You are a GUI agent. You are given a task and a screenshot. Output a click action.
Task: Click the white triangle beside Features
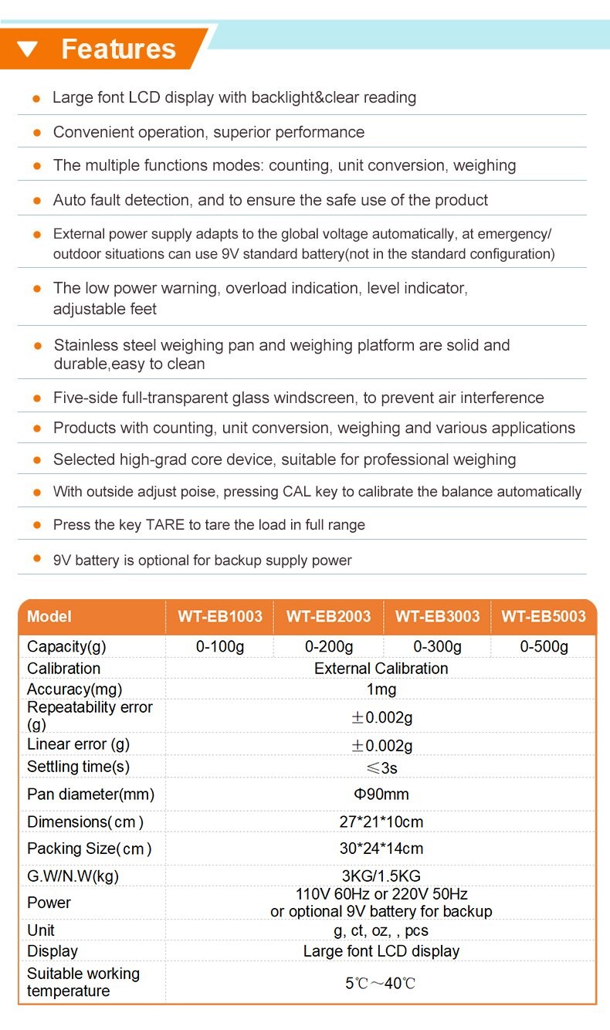[x=28, y=49]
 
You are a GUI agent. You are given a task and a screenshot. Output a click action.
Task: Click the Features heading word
[x=118, y=49]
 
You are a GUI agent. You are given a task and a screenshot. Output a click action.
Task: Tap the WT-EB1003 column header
[x=220, y=616]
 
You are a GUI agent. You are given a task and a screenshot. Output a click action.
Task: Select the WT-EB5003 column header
[x=544, y=616]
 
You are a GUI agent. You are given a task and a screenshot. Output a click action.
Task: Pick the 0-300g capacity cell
[x=437, y=646]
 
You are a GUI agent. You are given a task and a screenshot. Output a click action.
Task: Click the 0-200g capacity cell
[x=329, y=646]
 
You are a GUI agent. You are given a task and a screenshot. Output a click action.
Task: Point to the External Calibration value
[x=381, y=668]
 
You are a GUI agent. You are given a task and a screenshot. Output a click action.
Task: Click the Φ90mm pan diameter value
[x=381, y=794]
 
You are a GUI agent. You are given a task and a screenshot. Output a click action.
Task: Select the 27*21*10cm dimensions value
[x=381, y=822]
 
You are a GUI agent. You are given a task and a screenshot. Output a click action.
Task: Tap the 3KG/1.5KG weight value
[x=381, y=876]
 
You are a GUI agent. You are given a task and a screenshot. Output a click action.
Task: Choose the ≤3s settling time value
[x=381, y=767]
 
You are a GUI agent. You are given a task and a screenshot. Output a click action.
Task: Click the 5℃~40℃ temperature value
[x=381, y=983]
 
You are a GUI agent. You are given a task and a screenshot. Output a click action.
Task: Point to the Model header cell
[x=49, y=616]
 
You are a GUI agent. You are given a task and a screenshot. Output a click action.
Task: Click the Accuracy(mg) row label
[x=74, y=689]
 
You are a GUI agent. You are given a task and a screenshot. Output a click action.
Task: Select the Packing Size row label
[x=89, y=849]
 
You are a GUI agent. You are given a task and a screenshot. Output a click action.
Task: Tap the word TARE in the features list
[x=164, y=525]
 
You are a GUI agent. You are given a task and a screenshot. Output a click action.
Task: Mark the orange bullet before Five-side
[x=36, y=399]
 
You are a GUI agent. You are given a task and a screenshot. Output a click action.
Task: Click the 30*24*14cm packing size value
[x=381, y=849]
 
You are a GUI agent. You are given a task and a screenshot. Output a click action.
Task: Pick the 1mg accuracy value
[x=381, y=689]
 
